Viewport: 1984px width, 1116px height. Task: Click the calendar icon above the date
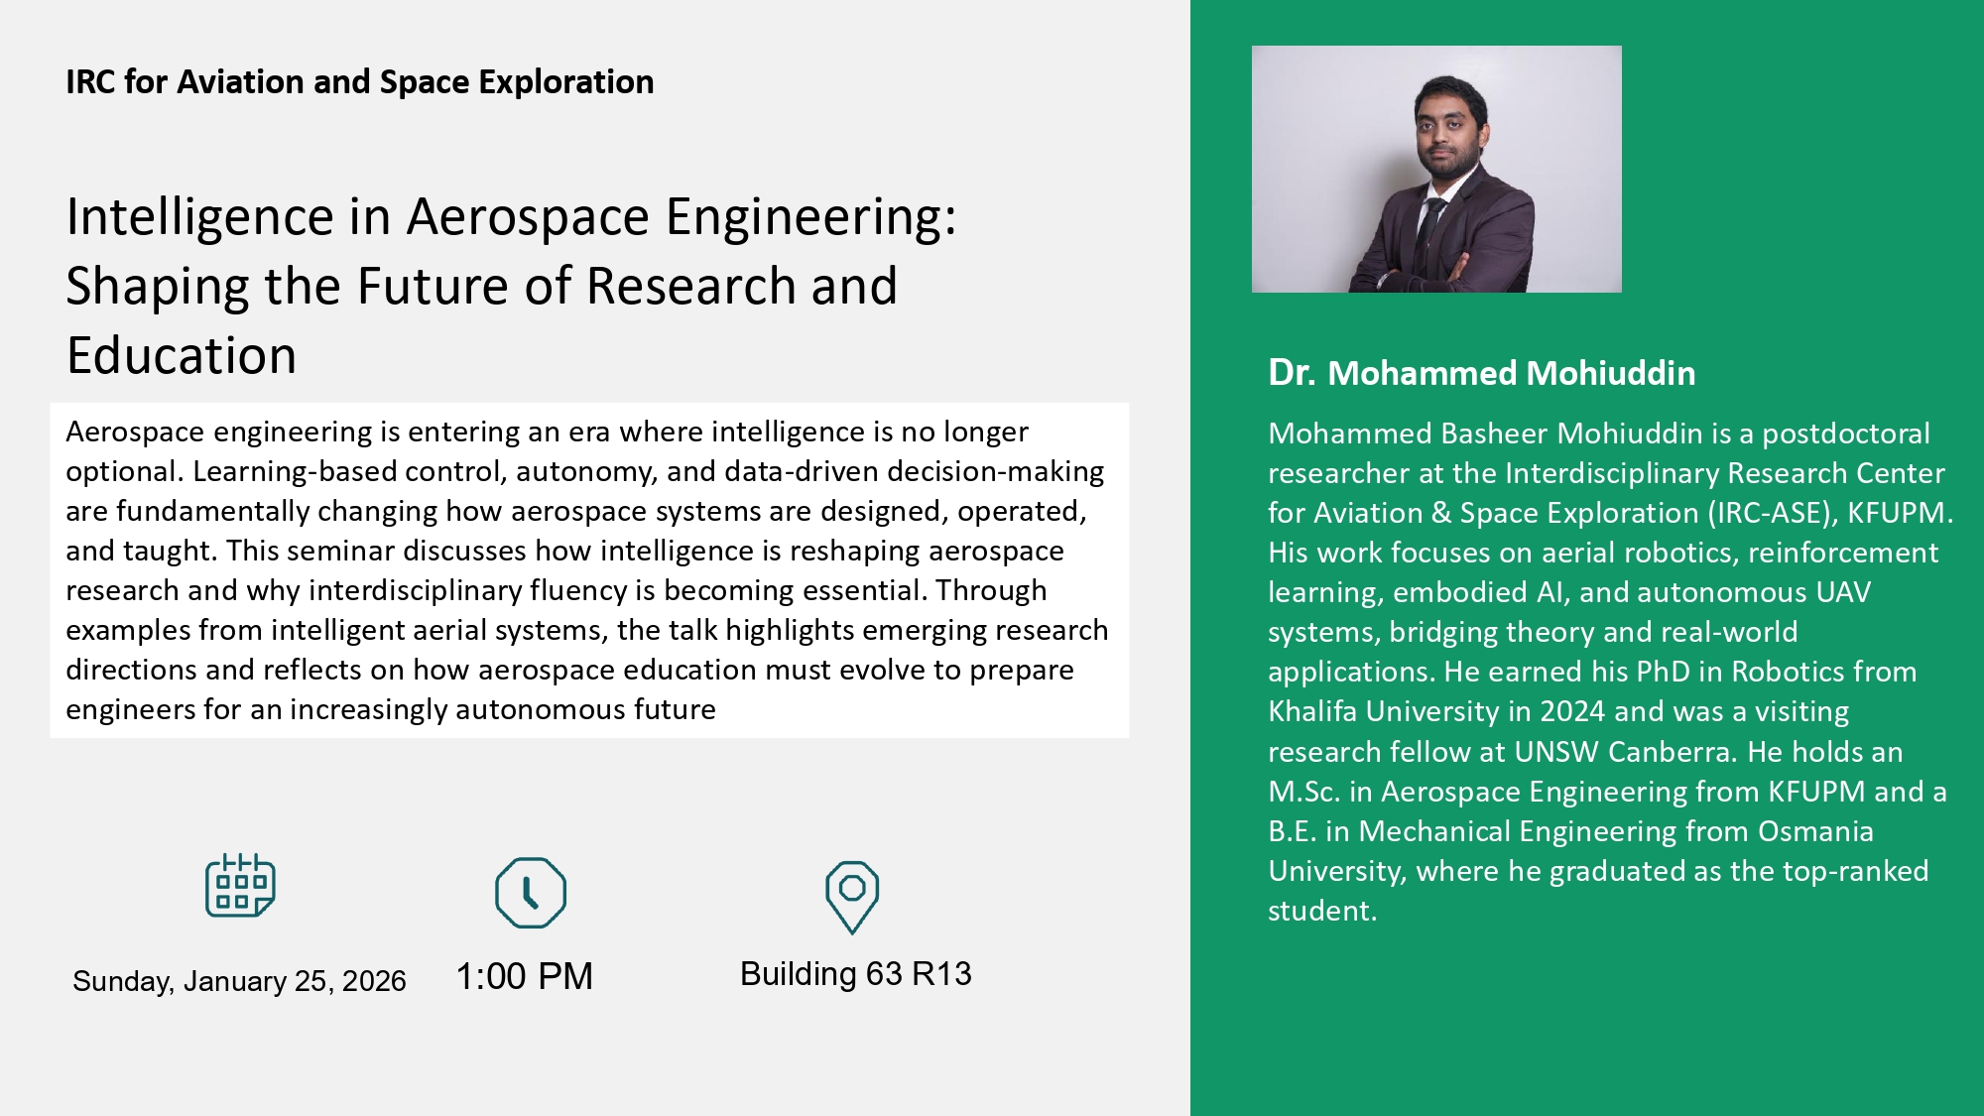click(240, 885)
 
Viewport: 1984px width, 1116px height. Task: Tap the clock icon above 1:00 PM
click(531, 893)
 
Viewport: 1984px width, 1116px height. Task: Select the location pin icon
click(852, 897)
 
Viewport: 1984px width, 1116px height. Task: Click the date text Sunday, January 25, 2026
click(239, 981)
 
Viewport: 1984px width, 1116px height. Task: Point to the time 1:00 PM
click(524, 976)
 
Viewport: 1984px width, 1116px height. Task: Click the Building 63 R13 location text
click(855, 973)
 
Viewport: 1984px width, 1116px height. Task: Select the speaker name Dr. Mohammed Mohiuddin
click(1482, 373)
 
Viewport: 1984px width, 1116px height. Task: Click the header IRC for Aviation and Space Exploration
click(360, 81)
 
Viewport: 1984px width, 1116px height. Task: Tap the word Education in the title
click(182, 355)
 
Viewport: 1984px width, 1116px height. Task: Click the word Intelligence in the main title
click(200, 217)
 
